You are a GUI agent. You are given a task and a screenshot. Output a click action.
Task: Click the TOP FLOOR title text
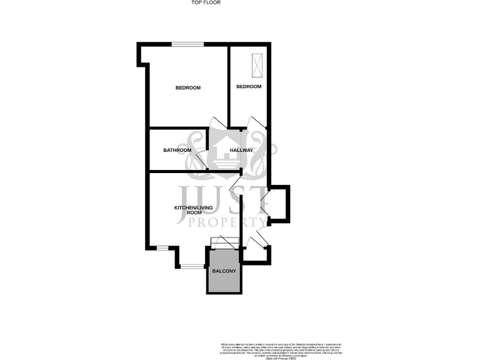(x=206, y=2)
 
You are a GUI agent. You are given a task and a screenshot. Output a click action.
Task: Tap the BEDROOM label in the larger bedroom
(x=187, y=87)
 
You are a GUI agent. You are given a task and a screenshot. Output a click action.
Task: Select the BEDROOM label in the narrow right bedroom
(x=248, y=86)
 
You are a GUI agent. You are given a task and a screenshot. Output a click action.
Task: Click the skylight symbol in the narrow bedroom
(x=257, y=64)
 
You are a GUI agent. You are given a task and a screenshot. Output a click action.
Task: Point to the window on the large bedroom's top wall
(x=188, y=44)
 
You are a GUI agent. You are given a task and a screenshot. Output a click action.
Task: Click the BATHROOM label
(x=177, y=150)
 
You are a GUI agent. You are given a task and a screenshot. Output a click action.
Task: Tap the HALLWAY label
(x=241, y=150)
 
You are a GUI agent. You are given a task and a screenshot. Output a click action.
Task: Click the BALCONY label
(x=223, y=271)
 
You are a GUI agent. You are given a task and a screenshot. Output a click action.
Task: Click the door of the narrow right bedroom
(x=256, y=122)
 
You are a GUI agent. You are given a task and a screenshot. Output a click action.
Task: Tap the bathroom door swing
(x=201, y=161)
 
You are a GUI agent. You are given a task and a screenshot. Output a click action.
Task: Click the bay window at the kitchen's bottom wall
(x=192, y=267)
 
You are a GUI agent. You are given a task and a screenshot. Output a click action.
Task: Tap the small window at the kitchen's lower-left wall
(x=162, y=248)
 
